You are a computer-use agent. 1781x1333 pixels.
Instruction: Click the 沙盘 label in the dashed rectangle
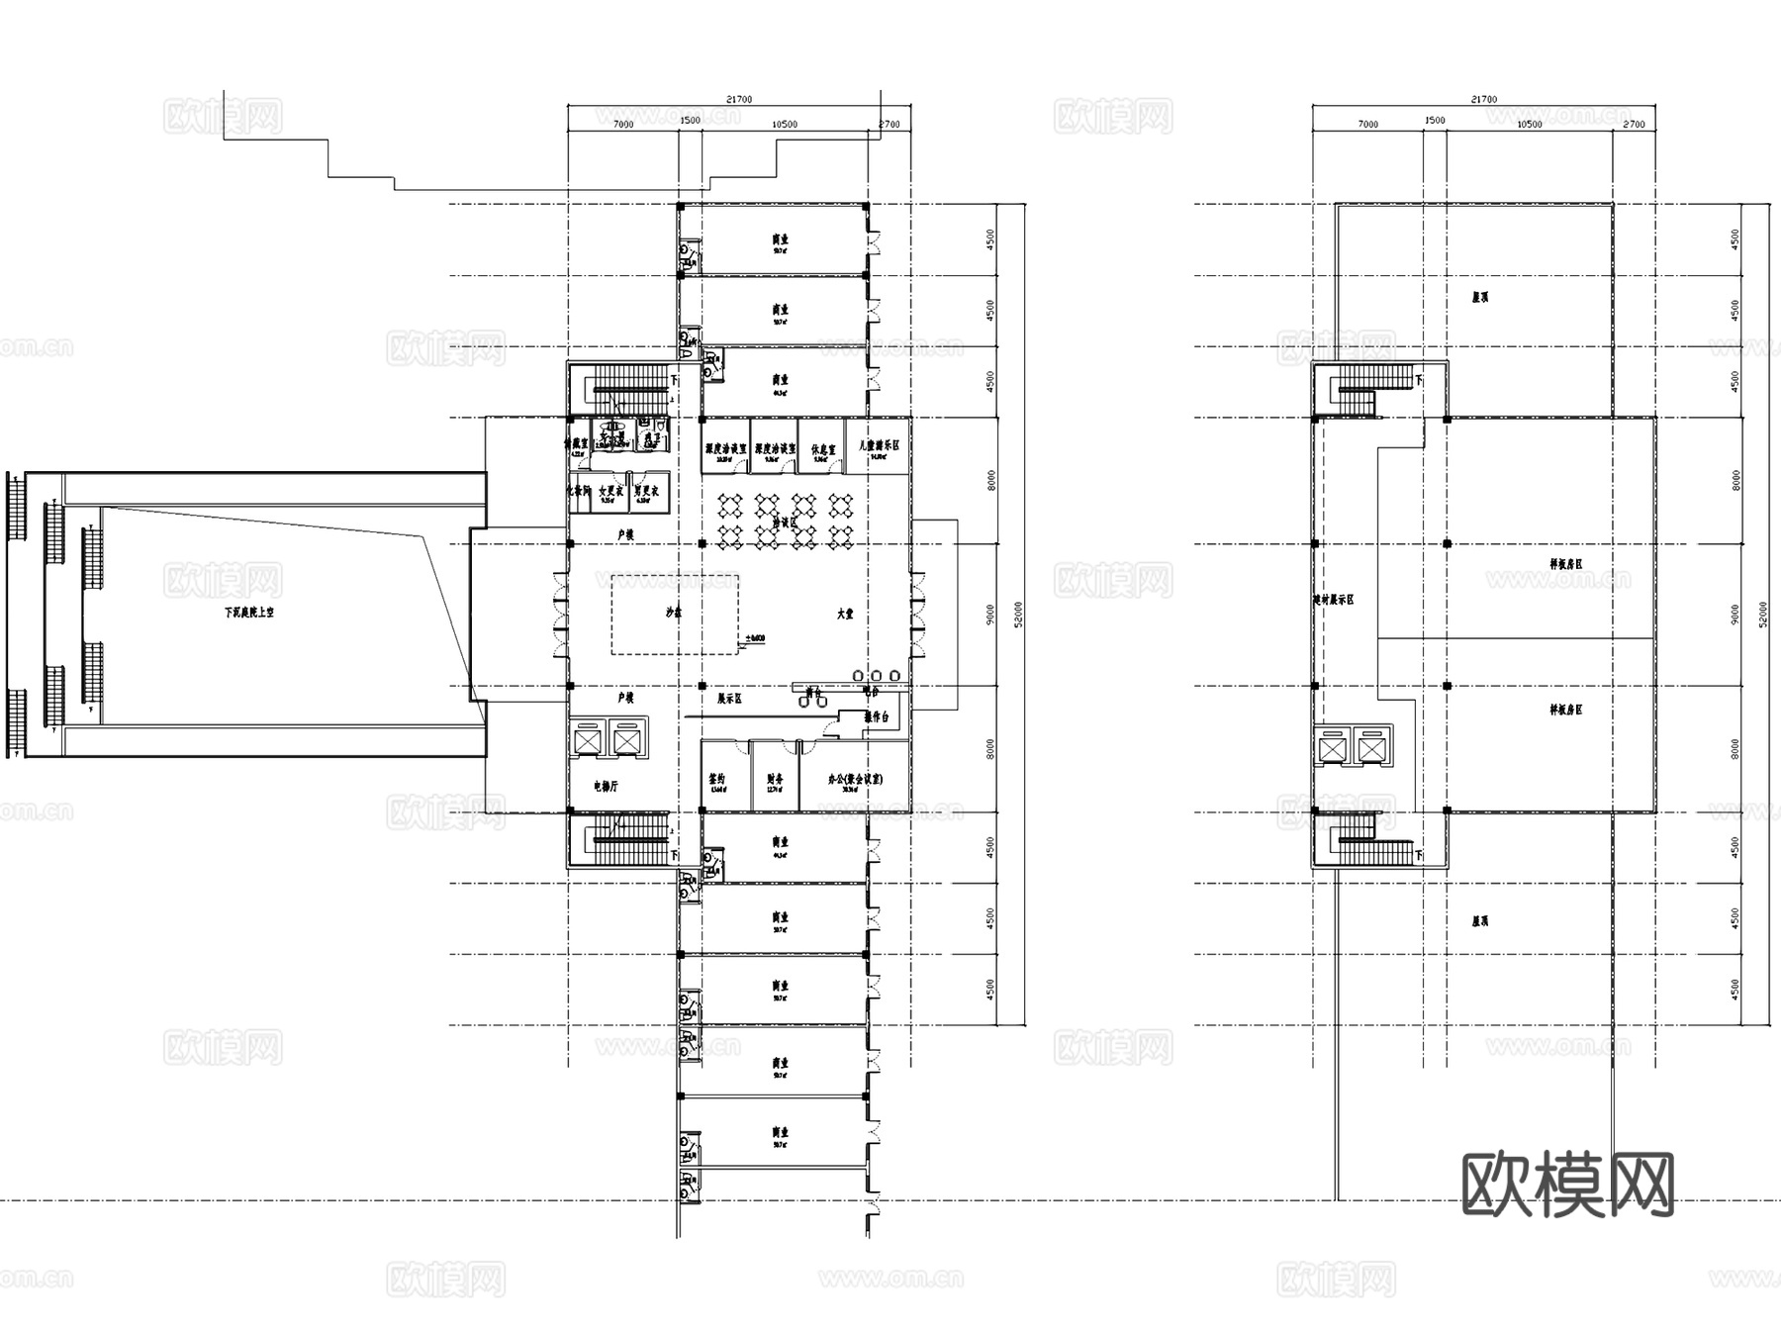tap(674, 613)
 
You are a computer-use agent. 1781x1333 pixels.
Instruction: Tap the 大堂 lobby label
tap(844, 614)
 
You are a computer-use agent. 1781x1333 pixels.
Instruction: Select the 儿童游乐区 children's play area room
tap(879, 447)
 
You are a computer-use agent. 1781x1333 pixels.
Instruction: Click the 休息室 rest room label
tap(823, 449)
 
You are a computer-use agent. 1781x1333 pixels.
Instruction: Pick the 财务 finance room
tap(775, 779)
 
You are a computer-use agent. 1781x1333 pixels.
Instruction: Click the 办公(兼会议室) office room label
tap(855, 779)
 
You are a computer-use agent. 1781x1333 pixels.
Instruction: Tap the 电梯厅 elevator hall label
tap(606, 787)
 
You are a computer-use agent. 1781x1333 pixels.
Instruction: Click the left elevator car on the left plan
tap(588, 741)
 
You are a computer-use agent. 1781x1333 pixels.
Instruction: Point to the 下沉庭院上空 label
tap(248, 613)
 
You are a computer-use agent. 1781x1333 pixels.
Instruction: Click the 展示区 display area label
tap(729, 699)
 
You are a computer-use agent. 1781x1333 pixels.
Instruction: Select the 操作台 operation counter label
tap(877, 716)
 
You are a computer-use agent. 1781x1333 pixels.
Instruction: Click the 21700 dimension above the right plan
tap(1483, 99)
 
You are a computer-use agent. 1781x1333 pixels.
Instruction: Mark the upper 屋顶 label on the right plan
tap(1480, 297)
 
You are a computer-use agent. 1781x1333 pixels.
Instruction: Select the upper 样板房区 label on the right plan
tap(1566, 564)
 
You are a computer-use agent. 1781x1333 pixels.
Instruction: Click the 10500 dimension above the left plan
tap(784, 125)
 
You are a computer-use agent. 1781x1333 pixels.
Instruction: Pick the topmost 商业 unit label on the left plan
tap(781, 239)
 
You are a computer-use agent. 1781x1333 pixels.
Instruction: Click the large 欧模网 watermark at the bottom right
tap(1567, 1185)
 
